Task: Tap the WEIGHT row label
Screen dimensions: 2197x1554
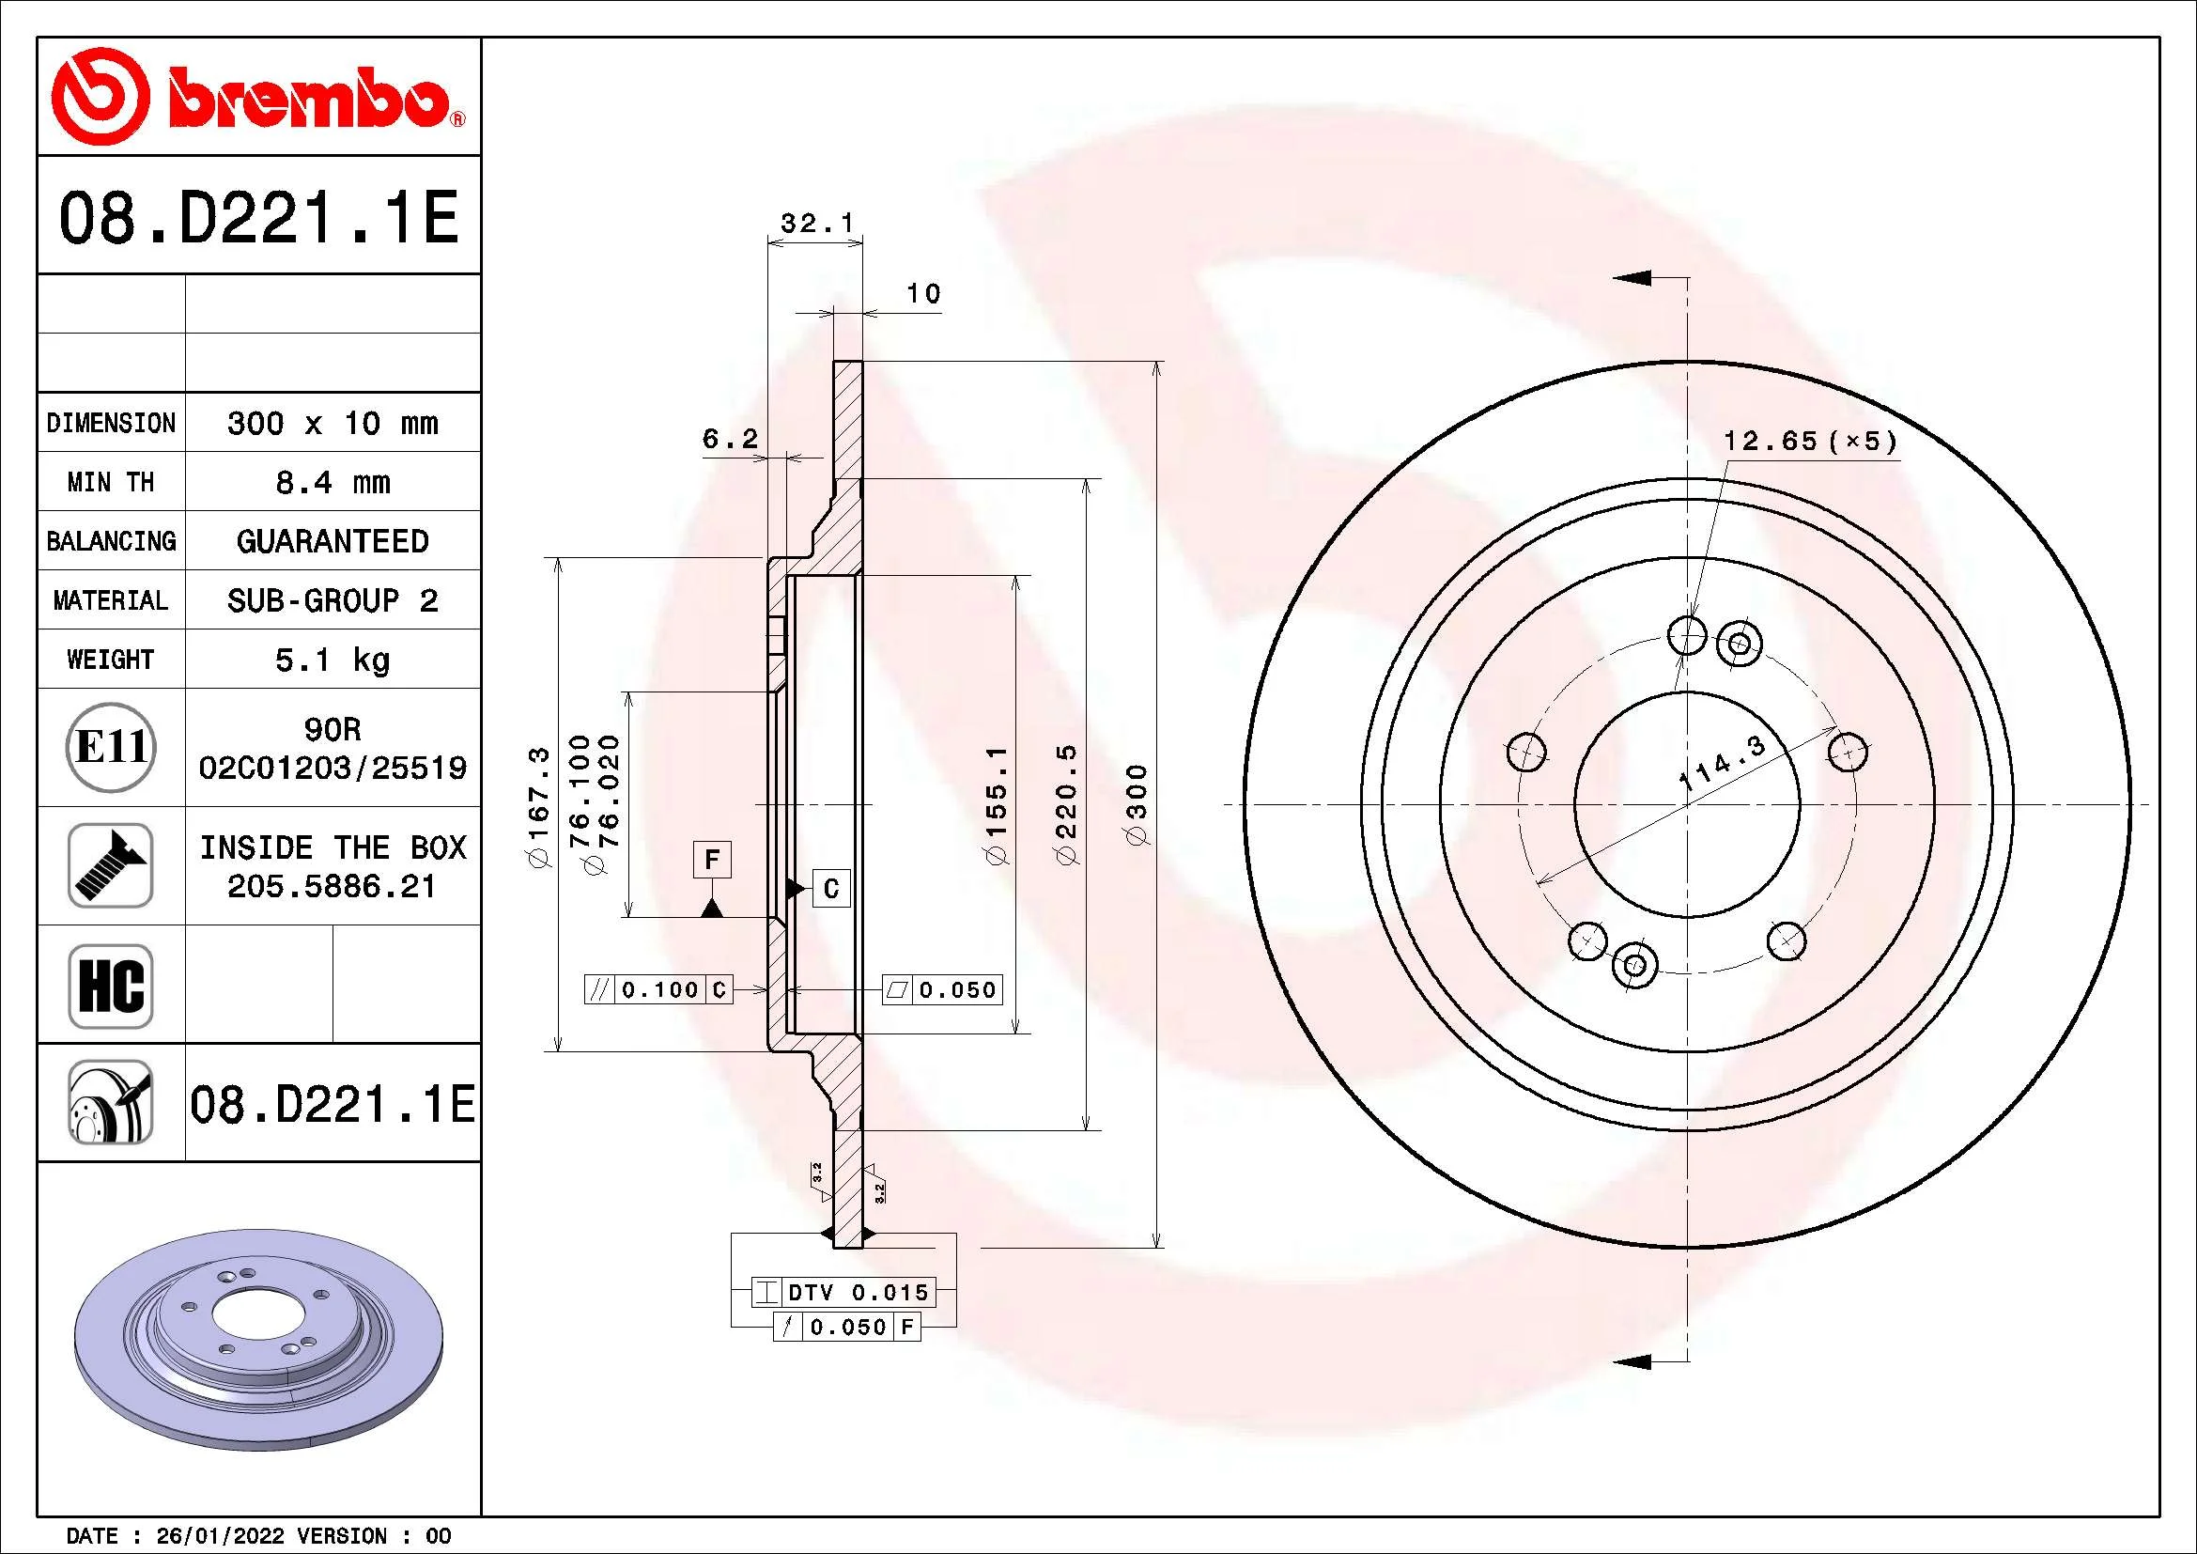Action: (110, 660)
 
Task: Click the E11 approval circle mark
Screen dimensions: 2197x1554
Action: (111, 747)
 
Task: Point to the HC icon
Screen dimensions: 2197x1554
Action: (111, 986)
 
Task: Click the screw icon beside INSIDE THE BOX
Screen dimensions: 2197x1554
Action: (111, 865)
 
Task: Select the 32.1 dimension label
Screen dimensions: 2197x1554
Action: (816, 224)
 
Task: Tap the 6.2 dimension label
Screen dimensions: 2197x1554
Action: (730, 439)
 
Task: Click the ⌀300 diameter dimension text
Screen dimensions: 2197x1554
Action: (1137, 805)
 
